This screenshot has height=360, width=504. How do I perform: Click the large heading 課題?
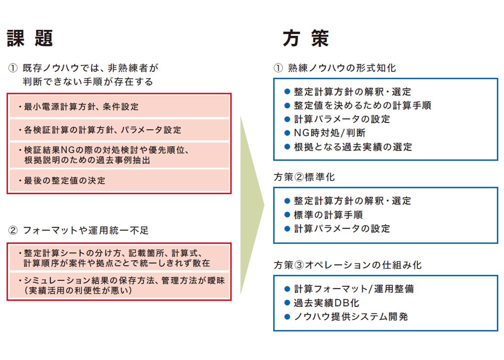[x=30, y=38]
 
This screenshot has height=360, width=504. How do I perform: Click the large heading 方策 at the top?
[x=306, y=38]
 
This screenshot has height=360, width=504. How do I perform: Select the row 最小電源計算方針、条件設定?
[x=119, y=107]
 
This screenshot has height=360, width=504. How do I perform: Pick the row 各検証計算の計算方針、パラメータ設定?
[x=119, y=130]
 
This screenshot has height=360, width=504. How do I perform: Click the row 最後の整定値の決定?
[x=119, y=180]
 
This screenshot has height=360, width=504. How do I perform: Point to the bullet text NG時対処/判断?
[x=329, y=133]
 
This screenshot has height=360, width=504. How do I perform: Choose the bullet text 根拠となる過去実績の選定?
[x=352, y=147]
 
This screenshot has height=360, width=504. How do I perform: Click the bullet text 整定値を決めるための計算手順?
[x=362, y=105]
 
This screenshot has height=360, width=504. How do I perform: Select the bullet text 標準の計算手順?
[x=328, y=215]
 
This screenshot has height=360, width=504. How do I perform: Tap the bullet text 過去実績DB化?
[x=326, y=303]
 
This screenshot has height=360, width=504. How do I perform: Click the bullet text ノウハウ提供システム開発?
[x=350, y=317]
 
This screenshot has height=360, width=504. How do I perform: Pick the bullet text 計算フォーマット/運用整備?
[x=353, y=289]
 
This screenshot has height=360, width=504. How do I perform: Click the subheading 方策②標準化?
[x=304, y=177]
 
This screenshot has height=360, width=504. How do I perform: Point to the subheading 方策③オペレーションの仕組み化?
[x=347, y=265]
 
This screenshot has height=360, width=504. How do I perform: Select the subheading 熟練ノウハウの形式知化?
[x=342, y=68]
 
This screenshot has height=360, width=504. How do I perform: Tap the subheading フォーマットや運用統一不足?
[x=86, y=230]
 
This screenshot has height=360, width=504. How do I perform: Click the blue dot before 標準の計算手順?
[x=287, y=215]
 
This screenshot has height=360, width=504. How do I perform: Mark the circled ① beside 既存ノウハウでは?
[x=13, y=68]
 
